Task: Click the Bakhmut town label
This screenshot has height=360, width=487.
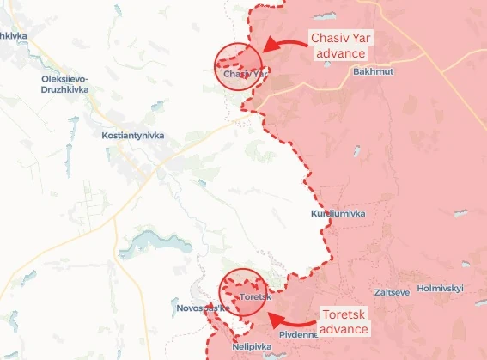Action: (x=373, y=71)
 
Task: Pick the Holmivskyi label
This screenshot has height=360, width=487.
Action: (x=440, y=288)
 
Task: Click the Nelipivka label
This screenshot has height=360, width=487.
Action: (x=252, y=347)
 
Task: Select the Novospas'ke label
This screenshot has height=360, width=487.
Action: (x=199, y=307)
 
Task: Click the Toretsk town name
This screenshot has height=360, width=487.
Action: (x=256, y=297)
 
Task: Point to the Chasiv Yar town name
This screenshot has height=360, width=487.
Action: (x=245, y=74)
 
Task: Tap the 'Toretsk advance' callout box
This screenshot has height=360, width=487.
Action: (x=343, y=323)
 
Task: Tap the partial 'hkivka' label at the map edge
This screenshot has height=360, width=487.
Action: (x=14, y=35)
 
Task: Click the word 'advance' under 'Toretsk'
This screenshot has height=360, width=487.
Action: (x=344, y=331)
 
